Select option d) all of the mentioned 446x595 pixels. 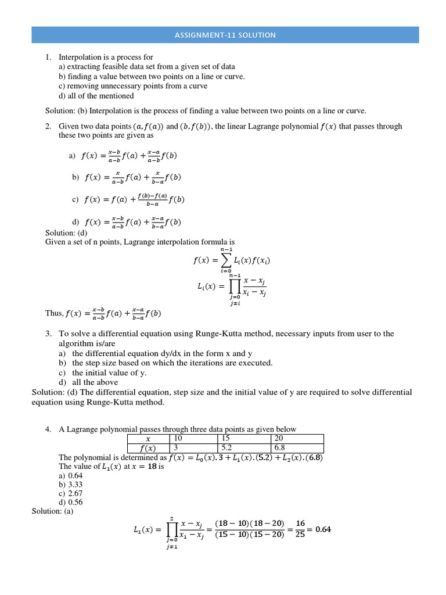coord(96,96)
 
